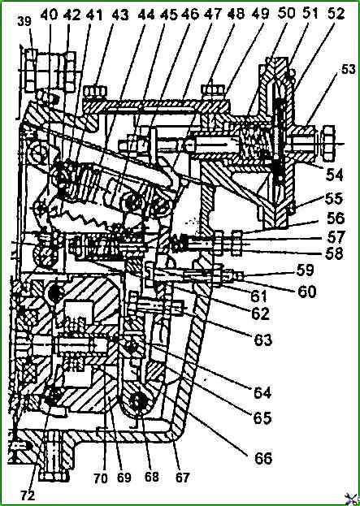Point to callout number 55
click(332, 199)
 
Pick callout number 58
click(333, 253)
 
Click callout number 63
click(262, 339)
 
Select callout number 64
click(262, 393)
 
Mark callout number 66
click(262, 458)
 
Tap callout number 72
click(29, 494)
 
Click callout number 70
click(101, 478)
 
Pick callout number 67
click(182, 478)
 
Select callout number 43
click(120, 15)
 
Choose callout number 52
click(335, 14)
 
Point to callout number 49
click(261, 15)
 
